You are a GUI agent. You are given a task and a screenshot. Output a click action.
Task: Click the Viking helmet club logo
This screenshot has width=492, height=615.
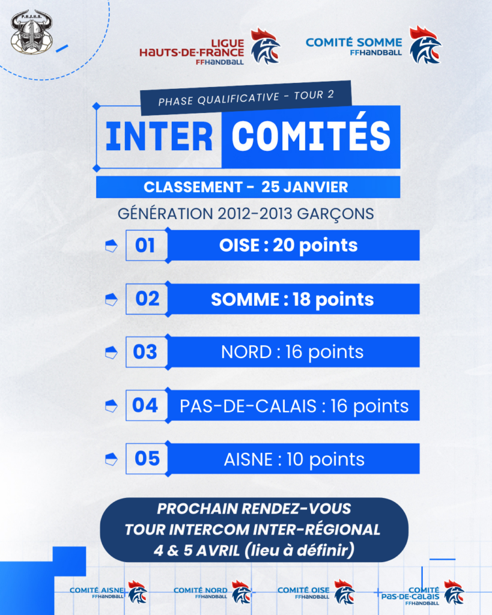[x=31, y=32]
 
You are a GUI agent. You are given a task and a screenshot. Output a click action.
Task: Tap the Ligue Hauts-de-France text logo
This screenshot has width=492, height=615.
[x=192, y=52]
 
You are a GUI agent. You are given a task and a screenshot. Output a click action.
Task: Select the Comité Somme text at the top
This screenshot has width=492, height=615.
[x=354, y=46]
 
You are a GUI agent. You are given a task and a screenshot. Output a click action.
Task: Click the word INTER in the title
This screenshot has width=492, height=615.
[x=159, y=136]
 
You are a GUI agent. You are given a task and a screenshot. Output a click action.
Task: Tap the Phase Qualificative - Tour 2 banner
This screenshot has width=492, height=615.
[x=246, y=98]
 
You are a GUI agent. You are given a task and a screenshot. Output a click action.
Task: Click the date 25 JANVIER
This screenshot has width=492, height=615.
[x=305, y=187]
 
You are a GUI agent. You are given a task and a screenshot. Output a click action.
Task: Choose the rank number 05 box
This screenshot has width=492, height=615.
[x=147, y=458]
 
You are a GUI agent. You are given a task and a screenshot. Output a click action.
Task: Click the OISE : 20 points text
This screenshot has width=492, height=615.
[x=288, y=246]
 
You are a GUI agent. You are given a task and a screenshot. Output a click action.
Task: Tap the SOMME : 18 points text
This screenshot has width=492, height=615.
[x=293, y=300]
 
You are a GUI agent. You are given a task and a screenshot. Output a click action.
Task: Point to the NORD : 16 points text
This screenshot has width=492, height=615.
[x=293, y=352]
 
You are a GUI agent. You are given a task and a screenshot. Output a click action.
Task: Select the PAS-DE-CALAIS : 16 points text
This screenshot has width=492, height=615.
[x=294, y=406]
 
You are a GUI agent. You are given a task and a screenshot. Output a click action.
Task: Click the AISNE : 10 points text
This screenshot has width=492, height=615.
[x=294, y=459]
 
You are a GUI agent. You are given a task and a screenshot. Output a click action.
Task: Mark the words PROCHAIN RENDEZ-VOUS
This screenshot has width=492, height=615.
[x=254, y=509]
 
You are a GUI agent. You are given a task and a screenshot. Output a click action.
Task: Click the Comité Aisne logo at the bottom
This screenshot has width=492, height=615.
[x=108, y=592]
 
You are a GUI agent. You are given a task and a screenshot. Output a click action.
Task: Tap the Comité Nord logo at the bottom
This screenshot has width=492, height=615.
[x=212, y=592]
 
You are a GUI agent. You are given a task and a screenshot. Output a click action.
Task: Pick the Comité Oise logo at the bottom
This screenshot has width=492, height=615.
[x=316, y=592]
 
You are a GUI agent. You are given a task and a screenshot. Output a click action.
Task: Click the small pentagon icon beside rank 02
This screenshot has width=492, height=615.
[x=111, y=300]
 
